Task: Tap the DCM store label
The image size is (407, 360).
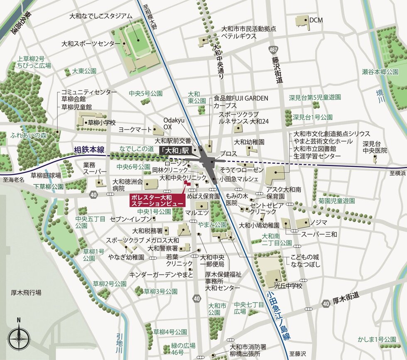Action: pos(316,20)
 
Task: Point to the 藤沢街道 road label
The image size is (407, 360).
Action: pos(277,71)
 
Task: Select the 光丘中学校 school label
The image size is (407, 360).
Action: pos(288,286)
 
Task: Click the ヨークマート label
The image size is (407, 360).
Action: pos(135,130)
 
